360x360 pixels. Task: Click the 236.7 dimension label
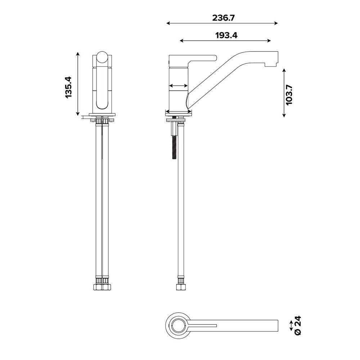[224, 18]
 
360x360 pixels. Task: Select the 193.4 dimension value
[226, 35]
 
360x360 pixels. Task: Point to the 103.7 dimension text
[289, 95]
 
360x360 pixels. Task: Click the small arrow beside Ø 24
[291, 326]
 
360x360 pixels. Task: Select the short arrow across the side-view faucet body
[179, 86]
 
